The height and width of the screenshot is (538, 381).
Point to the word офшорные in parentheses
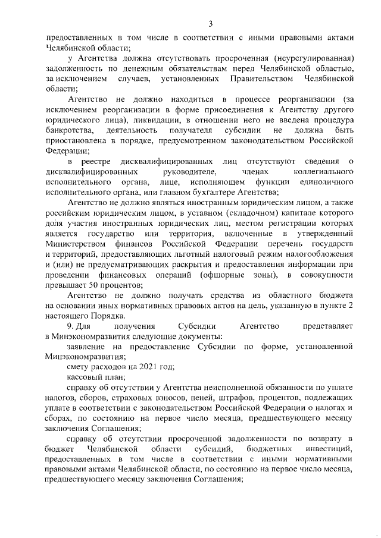pyautogui.click(x=218, y=275)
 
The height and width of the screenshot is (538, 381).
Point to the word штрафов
pyautogui.click(x=252, y=398)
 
